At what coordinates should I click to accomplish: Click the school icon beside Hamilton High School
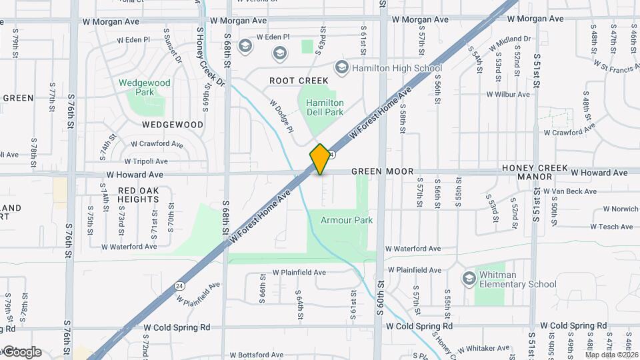pos(342,67)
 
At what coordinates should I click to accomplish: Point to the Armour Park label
pos(346,220)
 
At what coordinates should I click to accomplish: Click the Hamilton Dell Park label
pos(325,108)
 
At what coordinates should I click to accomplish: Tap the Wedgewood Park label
pos(145,88)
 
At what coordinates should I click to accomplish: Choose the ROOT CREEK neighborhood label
pos(299,81)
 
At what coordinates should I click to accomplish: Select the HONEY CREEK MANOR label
pos(537,172)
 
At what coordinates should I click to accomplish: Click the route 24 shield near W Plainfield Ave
pos(179,285)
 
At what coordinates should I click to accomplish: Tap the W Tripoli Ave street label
pos(145,161)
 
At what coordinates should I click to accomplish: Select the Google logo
pos(21,352)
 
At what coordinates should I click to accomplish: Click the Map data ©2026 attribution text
pos(609,355)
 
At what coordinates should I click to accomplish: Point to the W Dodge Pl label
pos(281,116)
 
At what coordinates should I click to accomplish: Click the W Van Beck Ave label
pos(570,191)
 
